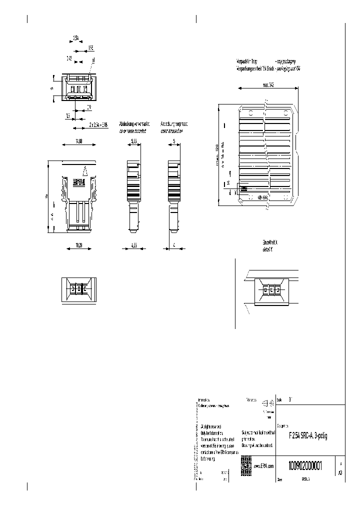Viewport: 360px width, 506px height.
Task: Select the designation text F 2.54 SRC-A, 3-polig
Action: tap(308, 436)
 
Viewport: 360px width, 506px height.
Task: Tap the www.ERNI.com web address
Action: tap(264, 466)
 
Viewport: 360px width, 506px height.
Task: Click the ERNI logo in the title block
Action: tap(246, 462)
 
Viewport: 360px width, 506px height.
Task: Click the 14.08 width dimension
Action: tap(78, 141)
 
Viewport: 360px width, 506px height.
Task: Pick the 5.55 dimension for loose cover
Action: tap(134, 141)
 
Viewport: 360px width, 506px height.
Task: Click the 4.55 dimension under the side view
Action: tap(133, 245)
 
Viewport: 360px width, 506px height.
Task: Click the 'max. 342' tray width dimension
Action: tap(268, 85)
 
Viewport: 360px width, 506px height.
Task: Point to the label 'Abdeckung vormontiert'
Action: tap(133, 123)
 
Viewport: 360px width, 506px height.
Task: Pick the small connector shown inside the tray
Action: tap(244, 189)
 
